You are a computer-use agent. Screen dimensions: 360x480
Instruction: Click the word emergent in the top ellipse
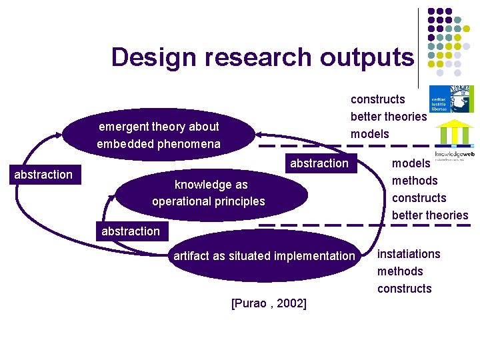pyautogui.click(x=123, y=127)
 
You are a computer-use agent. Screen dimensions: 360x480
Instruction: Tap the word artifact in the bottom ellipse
pyautogui.click(x=192, y=256)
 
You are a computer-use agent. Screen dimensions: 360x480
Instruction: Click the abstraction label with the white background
pyautogui.click(x=43, y=175)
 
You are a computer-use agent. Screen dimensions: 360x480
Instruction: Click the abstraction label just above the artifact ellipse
pyautogui.click(x=131, y=231)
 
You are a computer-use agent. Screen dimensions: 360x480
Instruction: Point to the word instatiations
pyautogui.click(x=409, y=254)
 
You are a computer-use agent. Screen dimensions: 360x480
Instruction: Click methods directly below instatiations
pyautogui.click(x=400, y=271)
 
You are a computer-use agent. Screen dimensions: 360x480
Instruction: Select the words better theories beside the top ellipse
pyautogui.click(x=389, y=117)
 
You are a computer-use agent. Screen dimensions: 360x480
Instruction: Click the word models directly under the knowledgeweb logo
pyautogui.click(x=411, y=163)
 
